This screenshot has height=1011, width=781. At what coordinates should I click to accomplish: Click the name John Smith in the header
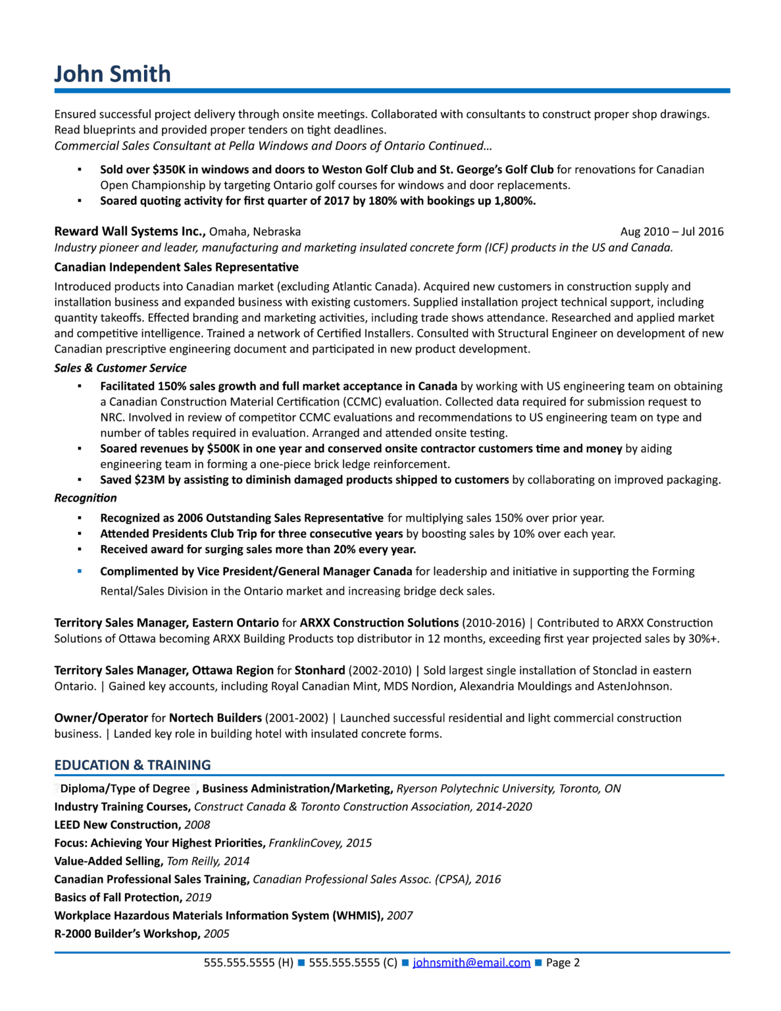pyautogui.click(x=112, y=74)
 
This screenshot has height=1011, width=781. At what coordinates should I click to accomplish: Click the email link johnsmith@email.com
pyautogui.click(x=471, y=962)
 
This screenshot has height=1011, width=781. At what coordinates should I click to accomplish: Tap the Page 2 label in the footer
pyautogui.click(x=563, y=962)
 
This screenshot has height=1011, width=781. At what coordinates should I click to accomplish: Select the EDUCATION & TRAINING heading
pyautogui.click(x=132, y=765)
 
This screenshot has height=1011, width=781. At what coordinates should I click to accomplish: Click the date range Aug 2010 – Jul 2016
pyautogui.click(x=671, y=232)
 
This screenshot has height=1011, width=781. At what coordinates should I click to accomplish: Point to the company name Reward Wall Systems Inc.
pyautogui.click(x=130, y=232)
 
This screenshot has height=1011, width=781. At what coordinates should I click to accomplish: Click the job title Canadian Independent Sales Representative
pyautogui.click(x=176, y=267)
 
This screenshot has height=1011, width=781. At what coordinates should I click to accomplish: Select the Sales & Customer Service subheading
pyautogui.click(x=120, y=368)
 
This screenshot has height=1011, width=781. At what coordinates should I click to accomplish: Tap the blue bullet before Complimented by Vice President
pyautogui.click(x=80, y=571)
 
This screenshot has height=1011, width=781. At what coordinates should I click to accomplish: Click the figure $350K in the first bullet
pyautogui.click(x=169, y=170)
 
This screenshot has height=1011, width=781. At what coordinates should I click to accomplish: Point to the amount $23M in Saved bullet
pyautogui.click(x=149, y=480)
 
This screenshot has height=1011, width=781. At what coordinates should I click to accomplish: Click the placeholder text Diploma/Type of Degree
pyautogui.click(x=125, y=789)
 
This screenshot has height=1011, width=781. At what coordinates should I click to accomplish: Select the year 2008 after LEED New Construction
pyautogui.click(x=197, y=825)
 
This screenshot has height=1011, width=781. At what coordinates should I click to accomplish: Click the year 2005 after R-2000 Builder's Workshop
pyautogui.click(x=216, y=934)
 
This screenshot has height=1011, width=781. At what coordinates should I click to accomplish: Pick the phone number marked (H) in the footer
pyautogui.click(x=248, y=962)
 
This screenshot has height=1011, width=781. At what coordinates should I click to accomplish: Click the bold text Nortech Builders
pyautogui.click(x=215, y=718)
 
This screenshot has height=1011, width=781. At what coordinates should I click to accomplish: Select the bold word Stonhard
pyautogui.click(x=320, y=671)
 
